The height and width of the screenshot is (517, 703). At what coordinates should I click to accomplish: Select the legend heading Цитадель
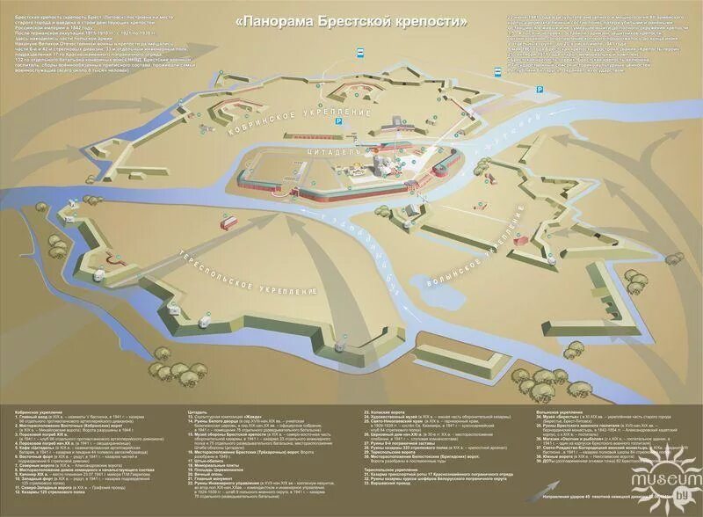click(198, 411)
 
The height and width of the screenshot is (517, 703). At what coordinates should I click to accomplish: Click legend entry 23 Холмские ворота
click(387, 411)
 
